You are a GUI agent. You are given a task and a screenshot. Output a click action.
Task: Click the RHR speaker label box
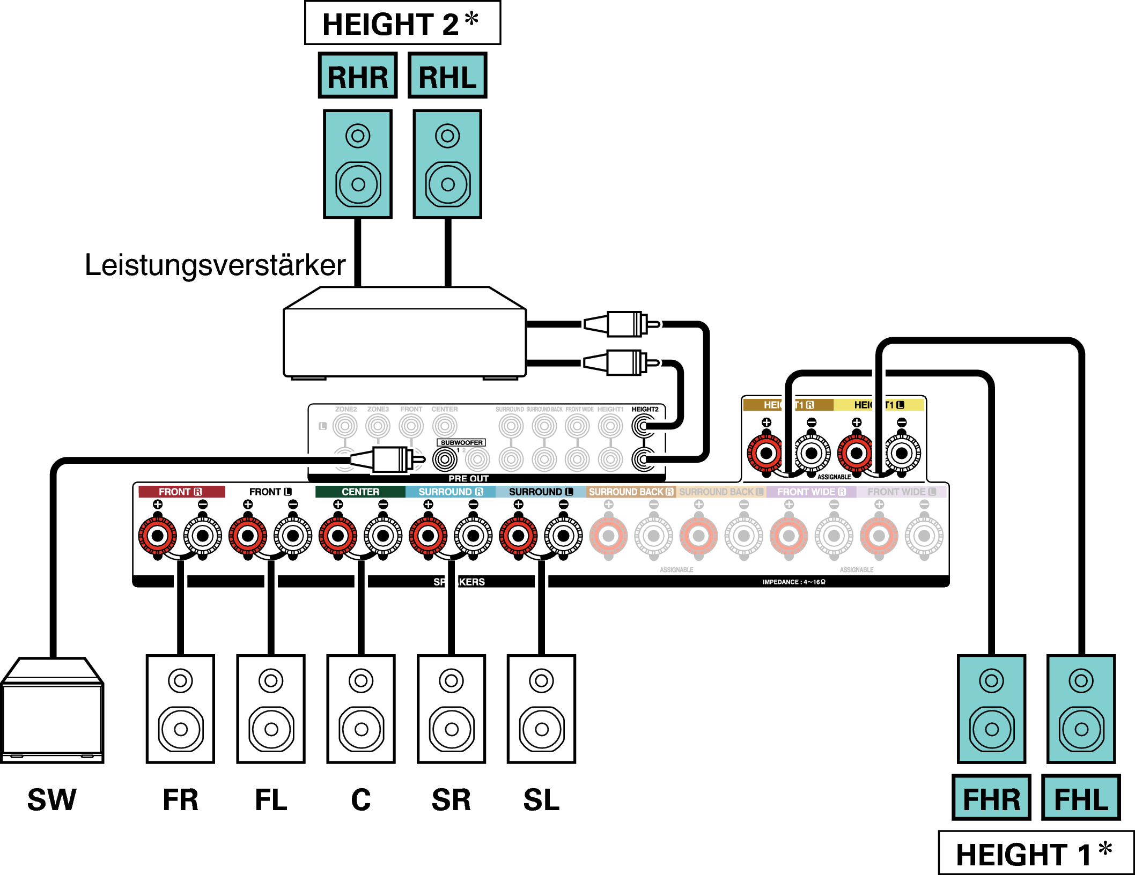pyautogui.click(x=357, y=76)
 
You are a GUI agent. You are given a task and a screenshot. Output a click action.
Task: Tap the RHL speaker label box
pyautogui.click(x=447, y=76)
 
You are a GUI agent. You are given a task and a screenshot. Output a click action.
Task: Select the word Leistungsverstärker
pyautogui.click(x=215, y=265)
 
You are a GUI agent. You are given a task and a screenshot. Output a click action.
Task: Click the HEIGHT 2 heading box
pyautogui.click(x=402, y=24)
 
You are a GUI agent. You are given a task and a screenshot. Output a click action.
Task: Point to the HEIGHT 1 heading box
pyautogui.click(x=1035, y=853)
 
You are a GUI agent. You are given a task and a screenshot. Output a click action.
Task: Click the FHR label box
pyautogui.click(x=991, y=798)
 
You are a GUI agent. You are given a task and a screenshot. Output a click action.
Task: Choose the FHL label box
pyautogui.click(x=1081, y=798)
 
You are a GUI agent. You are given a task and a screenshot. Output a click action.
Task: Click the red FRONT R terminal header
pyautogui.click(x=181, y=492)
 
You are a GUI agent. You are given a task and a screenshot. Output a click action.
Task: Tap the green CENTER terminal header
pyautogui.click(x=360, y=492)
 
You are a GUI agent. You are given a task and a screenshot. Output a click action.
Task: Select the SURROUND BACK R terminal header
pyautogui.click(x=631, y=492)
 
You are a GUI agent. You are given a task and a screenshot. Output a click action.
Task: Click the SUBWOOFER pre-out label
pyautogui.click(x=461, y=442)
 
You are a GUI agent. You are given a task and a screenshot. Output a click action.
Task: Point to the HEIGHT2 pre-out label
pyautogui.click(x=645, y=409)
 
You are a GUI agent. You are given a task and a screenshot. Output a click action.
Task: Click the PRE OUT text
pyautogui.click(x=468, y=478)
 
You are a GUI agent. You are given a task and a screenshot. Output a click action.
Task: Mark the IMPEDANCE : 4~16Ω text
pyautogui.click(x=794, y=582)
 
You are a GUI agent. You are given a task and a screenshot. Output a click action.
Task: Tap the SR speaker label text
pyautogui.click(x=451, y=800)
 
